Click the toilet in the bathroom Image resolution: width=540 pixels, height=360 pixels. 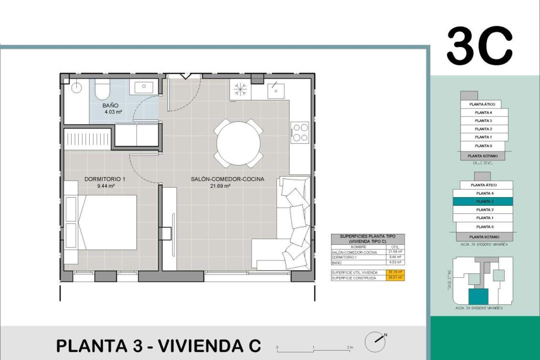pyautogui.click(x=102, y=89)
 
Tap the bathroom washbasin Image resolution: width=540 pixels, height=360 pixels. pyautogui.click(x=144, y=87)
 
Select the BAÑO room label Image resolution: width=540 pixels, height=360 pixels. pyautogui.click(x=110, y=105)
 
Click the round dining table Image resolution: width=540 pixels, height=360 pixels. pyautogui.click(x=238, y=143)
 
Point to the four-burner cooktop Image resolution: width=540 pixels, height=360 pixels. pyautogui.click(x=300, y=132)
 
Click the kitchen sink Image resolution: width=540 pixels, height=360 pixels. pyautogui.click(x=276, y=91)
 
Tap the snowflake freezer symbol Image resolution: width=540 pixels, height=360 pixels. pyautogui.click(x=240, y=89)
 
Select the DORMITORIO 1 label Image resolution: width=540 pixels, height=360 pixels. pyautogui.click(x=105, y=179)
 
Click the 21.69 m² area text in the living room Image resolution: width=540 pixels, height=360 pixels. pyautogui.click(x=220, y=186)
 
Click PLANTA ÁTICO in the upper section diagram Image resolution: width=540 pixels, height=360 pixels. pyautogui.click(x=482, y=104)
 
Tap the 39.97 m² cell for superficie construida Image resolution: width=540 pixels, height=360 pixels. pyautogui.click(x=395, y=278)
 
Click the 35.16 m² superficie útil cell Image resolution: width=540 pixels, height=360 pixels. pyautogui.click(x=395, y=272)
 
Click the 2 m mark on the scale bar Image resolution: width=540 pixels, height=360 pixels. pyautogui.click(x=350, y=348)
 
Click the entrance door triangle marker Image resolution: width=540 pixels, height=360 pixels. pyautogui.click(x=186, y=76)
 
